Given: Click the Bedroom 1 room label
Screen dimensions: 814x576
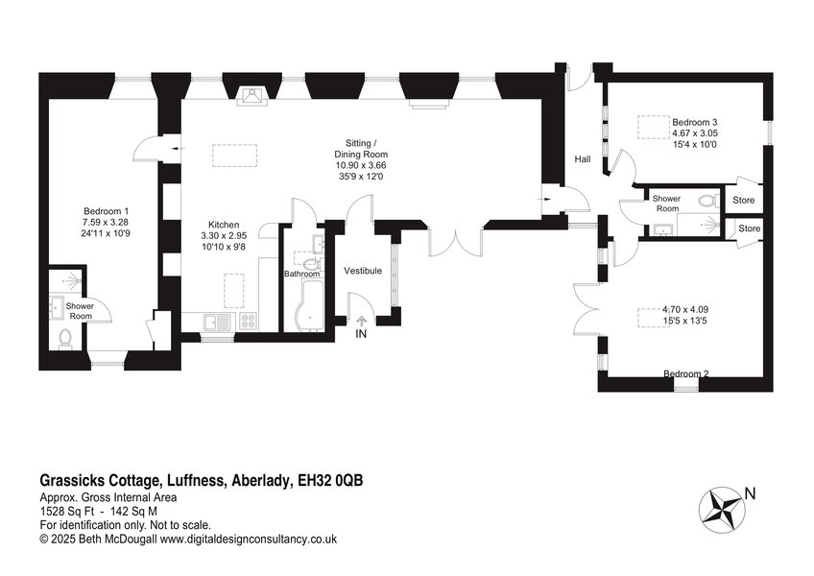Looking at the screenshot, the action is click(x=106, y=211).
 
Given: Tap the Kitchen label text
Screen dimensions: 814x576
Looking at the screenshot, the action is click(x=224, y=225).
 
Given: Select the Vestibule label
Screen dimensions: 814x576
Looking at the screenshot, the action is click(x=363, y=271).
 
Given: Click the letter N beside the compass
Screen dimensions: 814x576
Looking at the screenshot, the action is click(x=750, y=494).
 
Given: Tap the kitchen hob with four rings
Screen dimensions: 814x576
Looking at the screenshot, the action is click(x=248, y=322).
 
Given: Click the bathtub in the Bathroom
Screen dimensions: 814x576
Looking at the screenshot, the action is click(x=308, y=305).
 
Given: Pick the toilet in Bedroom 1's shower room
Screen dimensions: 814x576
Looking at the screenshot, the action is click(x=65, y=338).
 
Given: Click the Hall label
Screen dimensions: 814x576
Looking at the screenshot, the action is click(x=583, y=159).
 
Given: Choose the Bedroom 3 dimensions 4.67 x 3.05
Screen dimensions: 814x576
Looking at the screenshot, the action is click(x=695, y=133).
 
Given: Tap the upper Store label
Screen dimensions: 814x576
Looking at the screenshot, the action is click(x=743, y=200).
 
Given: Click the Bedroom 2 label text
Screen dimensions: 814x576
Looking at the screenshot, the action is click(x=686, y=373).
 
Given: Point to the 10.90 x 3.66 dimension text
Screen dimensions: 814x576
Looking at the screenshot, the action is click(x=360, y=165).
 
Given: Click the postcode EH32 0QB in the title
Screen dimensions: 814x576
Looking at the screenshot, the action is click(x=330, y=480).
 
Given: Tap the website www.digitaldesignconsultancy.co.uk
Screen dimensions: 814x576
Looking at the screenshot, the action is click(x=249, y=540).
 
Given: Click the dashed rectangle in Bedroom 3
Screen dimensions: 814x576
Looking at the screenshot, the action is click(x=653, y=128).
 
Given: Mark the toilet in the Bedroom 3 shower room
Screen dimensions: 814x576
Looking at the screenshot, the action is click(x=708, y=201).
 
